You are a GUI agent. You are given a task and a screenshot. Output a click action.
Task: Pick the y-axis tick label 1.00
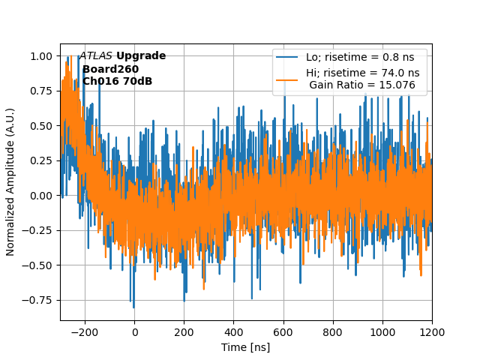click(x=41, y=56)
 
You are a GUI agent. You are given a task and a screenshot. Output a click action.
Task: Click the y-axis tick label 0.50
click(x=41, y=126)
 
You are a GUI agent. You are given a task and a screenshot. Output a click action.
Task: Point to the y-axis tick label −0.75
click(x=38, y=300)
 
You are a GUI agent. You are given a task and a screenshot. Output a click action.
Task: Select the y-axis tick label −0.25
click(x=38, y=230)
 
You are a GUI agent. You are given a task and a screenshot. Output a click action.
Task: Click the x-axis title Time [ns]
click(x=246, y=347)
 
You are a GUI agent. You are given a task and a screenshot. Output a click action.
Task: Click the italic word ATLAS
click(x=96, y=56)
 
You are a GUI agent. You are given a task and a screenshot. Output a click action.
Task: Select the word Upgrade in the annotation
click(x=141, y=56)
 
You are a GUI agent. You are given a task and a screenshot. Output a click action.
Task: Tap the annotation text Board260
click(x=110, y=69)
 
